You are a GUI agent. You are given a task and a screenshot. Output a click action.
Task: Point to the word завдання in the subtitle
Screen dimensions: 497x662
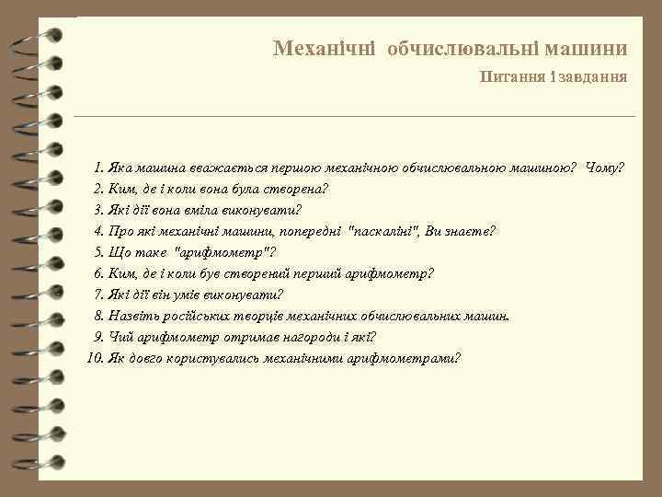point(593,77)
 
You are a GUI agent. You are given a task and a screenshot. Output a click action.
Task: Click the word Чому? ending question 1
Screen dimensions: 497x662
point(604,168)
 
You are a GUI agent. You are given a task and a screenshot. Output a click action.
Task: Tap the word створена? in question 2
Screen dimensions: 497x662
point(297,190)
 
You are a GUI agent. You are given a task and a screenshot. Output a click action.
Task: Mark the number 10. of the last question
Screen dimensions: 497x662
point(95,358)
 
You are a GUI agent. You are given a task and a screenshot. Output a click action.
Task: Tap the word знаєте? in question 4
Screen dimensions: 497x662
point(472,231)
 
